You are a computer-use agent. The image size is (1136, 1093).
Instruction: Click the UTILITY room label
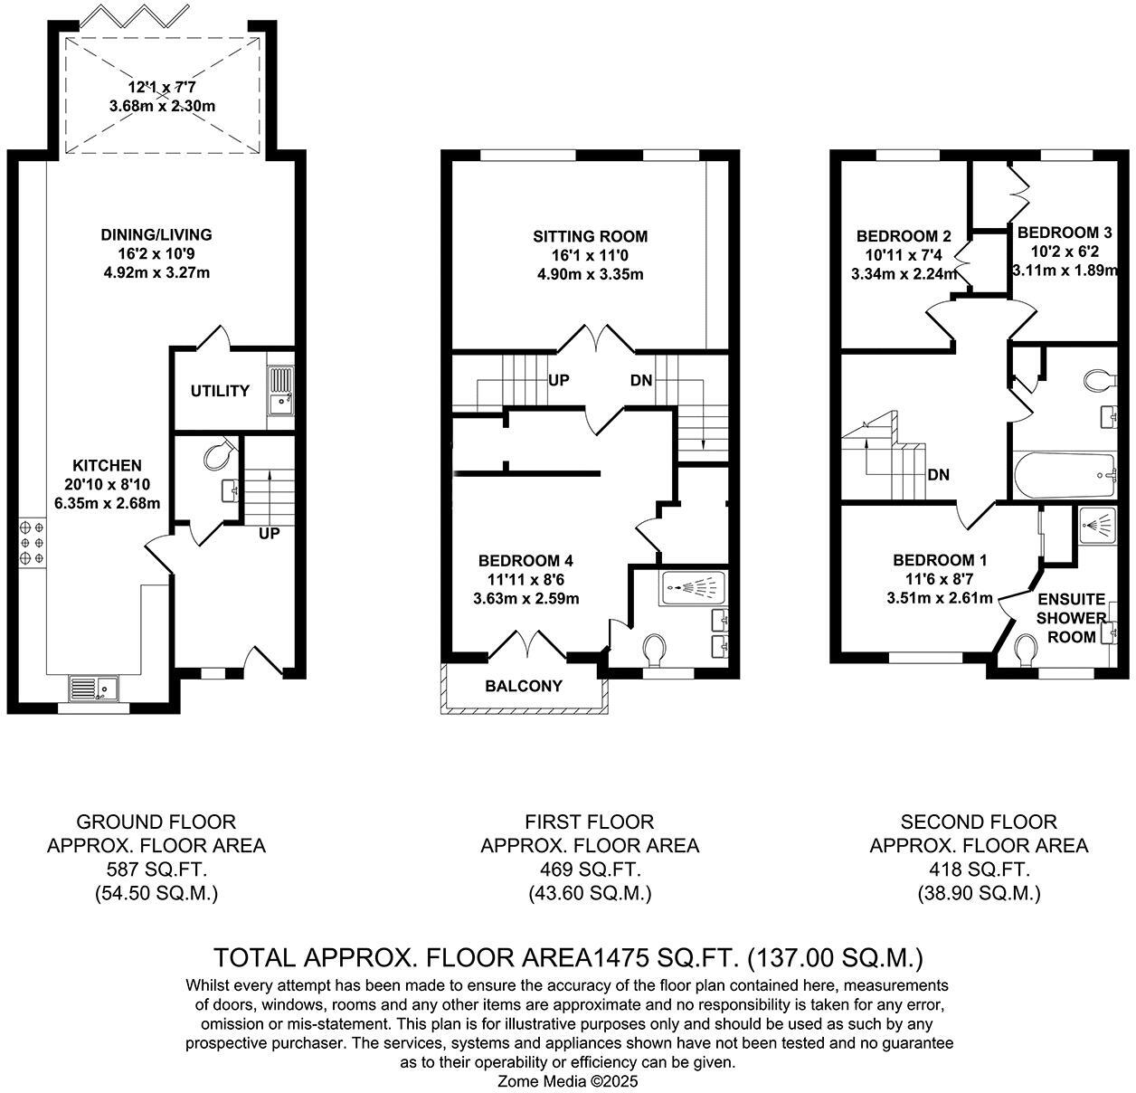click(x=220, y=391)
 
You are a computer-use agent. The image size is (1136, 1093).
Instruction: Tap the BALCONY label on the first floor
click(x=524, y=686)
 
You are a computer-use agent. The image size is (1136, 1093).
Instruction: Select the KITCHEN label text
click(x=108, y=466)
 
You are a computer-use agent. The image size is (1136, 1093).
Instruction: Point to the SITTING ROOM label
click(x=590, y=236)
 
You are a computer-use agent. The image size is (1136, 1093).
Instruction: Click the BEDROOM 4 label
click(x=525, y=560)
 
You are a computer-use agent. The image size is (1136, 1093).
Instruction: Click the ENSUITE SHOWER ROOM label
click(x=1071, y=618)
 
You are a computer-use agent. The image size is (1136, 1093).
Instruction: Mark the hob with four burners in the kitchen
click(x=32, y=543)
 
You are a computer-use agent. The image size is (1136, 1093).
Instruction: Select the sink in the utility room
click(x=280, y=389)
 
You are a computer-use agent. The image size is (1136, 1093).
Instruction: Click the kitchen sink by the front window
click(x=95, y=689)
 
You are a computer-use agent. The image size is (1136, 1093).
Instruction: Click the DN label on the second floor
click(x=938, y=475)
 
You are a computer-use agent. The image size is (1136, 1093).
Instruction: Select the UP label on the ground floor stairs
click(x=269, y=534)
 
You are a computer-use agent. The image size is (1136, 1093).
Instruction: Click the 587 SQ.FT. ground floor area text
click(x=156, y=870)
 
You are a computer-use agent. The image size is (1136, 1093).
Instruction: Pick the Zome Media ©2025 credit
click(x=568, y=1081)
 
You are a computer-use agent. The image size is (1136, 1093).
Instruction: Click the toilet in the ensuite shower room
click(x=1026, y=650)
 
